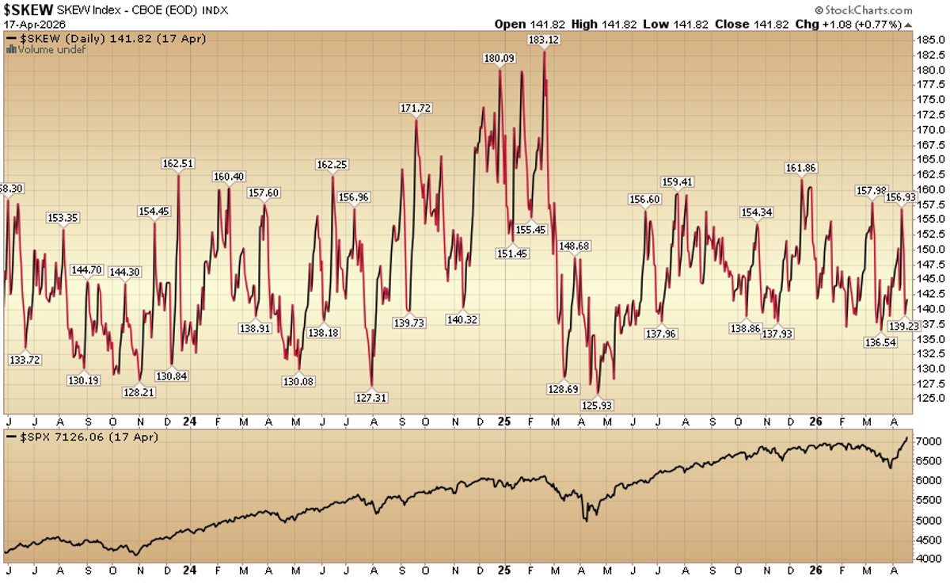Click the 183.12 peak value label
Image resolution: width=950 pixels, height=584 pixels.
pyautogui.click(x=545, y=40)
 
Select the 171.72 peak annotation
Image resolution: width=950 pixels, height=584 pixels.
pyautogui.click(x=416, y=108)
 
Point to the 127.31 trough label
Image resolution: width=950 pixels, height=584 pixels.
pyautogui.click(x=370, y=398)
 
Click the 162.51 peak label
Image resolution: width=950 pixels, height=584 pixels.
pyautogui.click(x=177, y=164)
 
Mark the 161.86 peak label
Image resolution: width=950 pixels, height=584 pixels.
pyautogui.click(x=800, y=168)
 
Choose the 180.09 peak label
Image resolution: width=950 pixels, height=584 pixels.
pyautogui.click(x=500, y=58)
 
